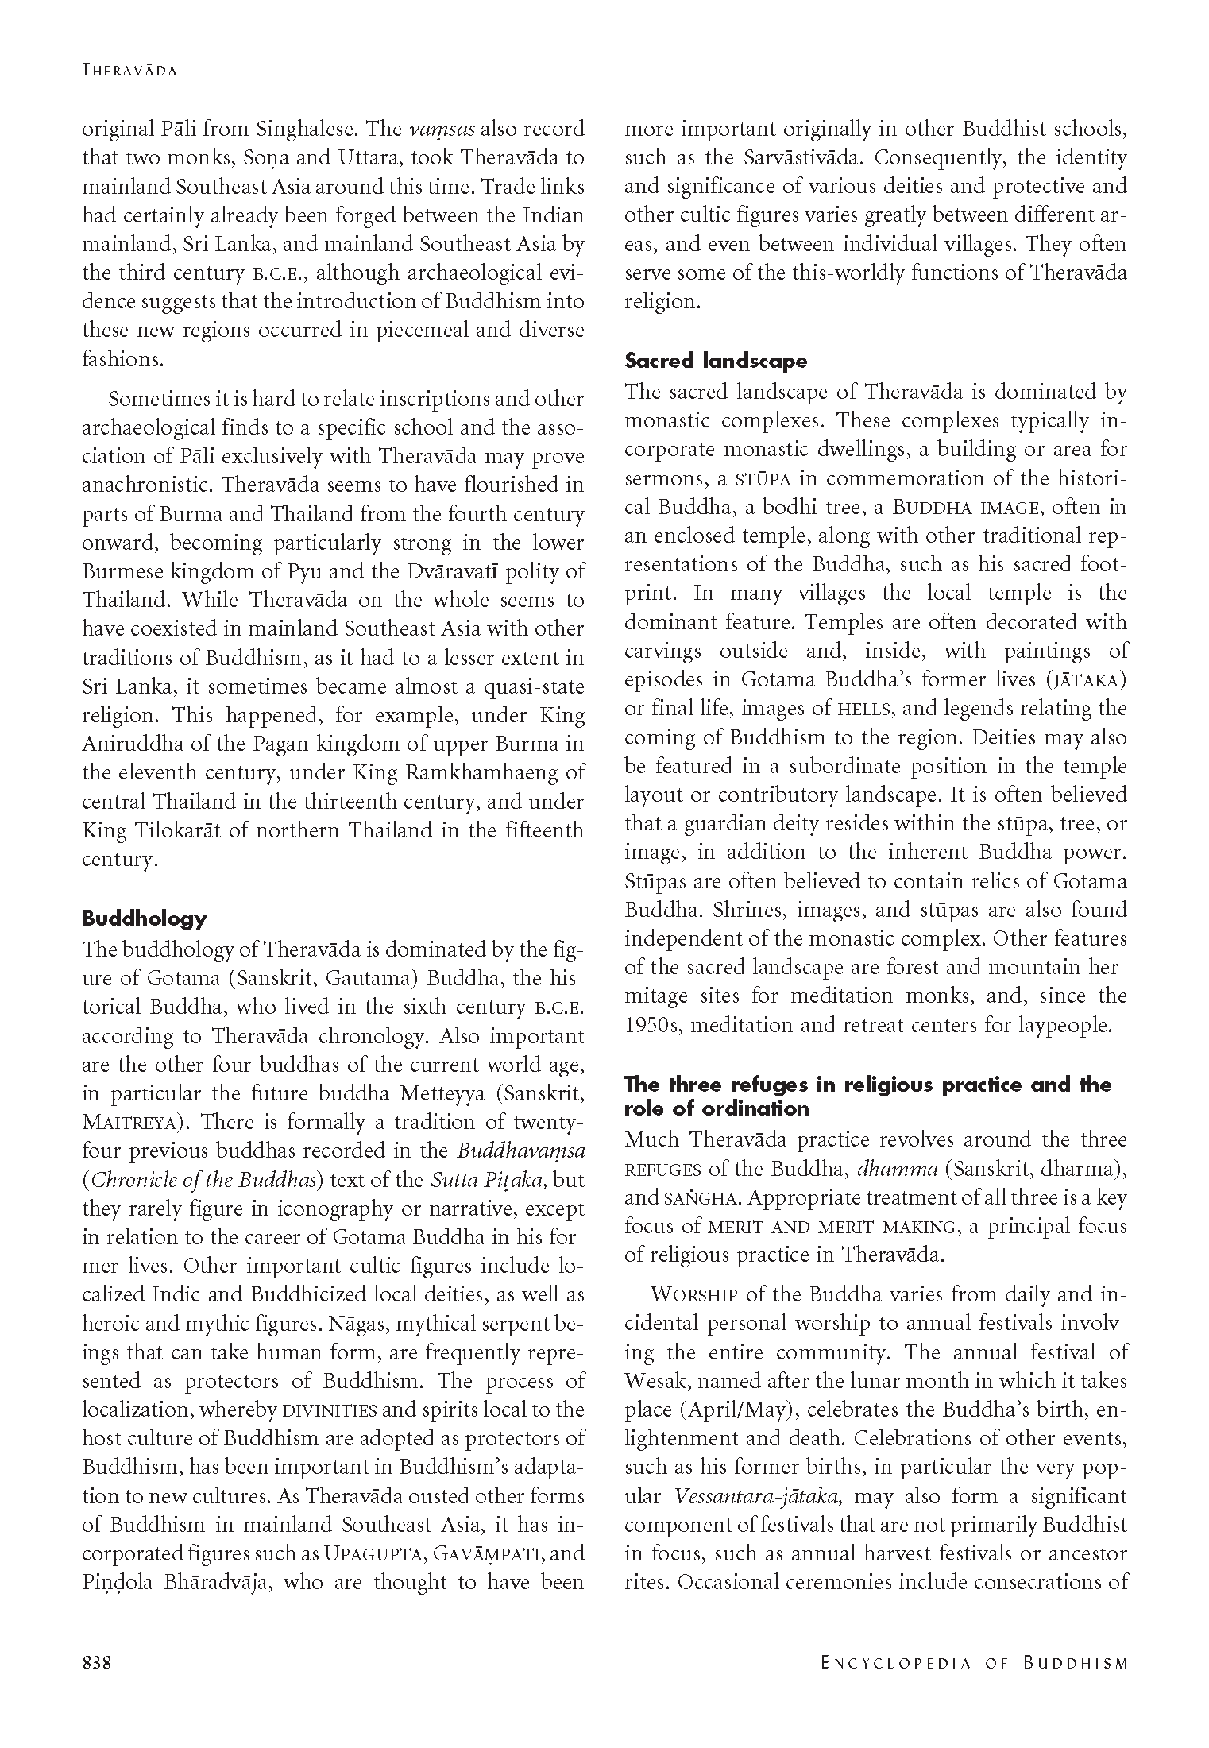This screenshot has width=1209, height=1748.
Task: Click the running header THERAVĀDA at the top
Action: [x=129, y=71]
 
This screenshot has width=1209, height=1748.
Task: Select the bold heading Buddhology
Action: [x=145, y=918]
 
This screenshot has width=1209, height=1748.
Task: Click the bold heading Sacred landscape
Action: [x=716, y=361]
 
